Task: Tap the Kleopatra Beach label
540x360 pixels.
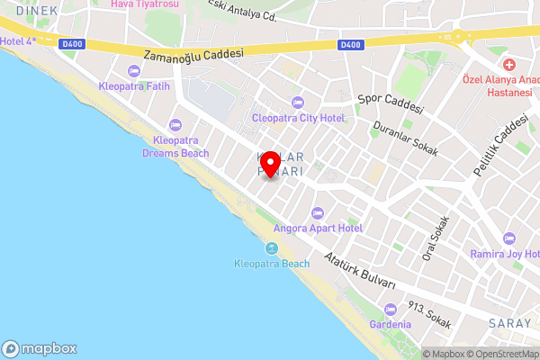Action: tap(271, 264)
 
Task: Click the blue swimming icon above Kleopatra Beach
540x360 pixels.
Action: tap(271, 248)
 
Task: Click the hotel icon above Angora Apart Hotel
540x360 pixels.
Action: tap(317, 213)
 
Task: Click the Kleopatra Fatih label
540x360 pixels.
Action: tap(134, 87)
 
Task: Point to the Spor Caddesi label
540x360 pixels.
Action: tap(391, 102)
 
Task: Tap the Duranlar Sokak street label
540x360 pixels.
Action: tap(406, 139)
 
